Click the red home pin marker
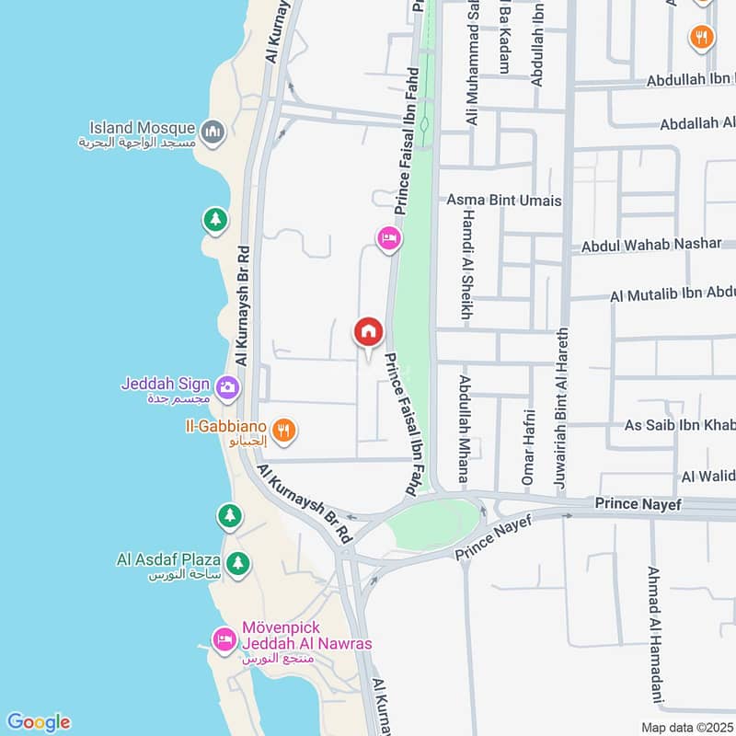[369, 333]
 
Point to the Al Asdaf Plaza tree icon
[237, 562]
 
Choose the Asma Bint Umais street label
[503, 201]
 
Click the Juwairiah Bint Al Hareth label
[560, 406]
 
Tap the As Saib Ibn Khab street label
[679, 425]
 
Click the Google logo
[38, 722]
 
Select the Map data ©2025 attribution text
[687, 728]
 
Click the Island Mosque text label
[142, 128]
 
